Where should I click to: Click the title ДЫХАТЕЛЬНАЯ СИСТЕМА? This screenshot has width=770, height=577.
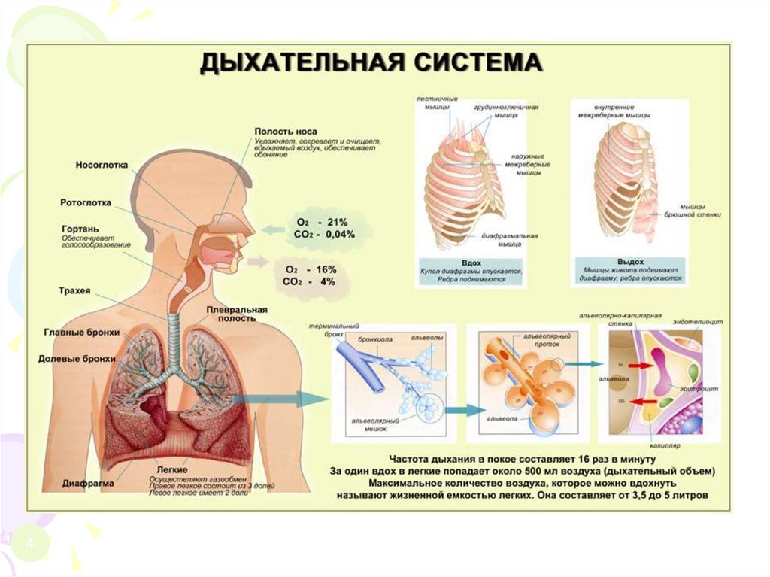370,62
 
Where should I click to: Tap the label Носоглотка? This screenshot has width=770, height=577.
102,165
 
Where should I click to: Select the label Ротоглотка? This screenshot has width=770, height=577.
86,202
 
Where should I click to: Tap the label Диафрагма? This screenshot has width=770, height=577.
89,484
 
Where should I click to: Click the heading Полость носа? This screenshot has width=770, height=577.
280,132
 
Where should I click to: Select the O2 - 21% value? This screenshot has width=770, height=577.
322,223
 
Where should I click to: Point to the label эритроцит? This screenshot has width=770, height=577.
702,389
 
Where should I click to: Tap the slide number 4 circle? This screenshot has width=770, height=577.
32,544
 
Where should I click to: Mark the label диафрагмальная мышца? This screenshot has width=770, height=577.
517,239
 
